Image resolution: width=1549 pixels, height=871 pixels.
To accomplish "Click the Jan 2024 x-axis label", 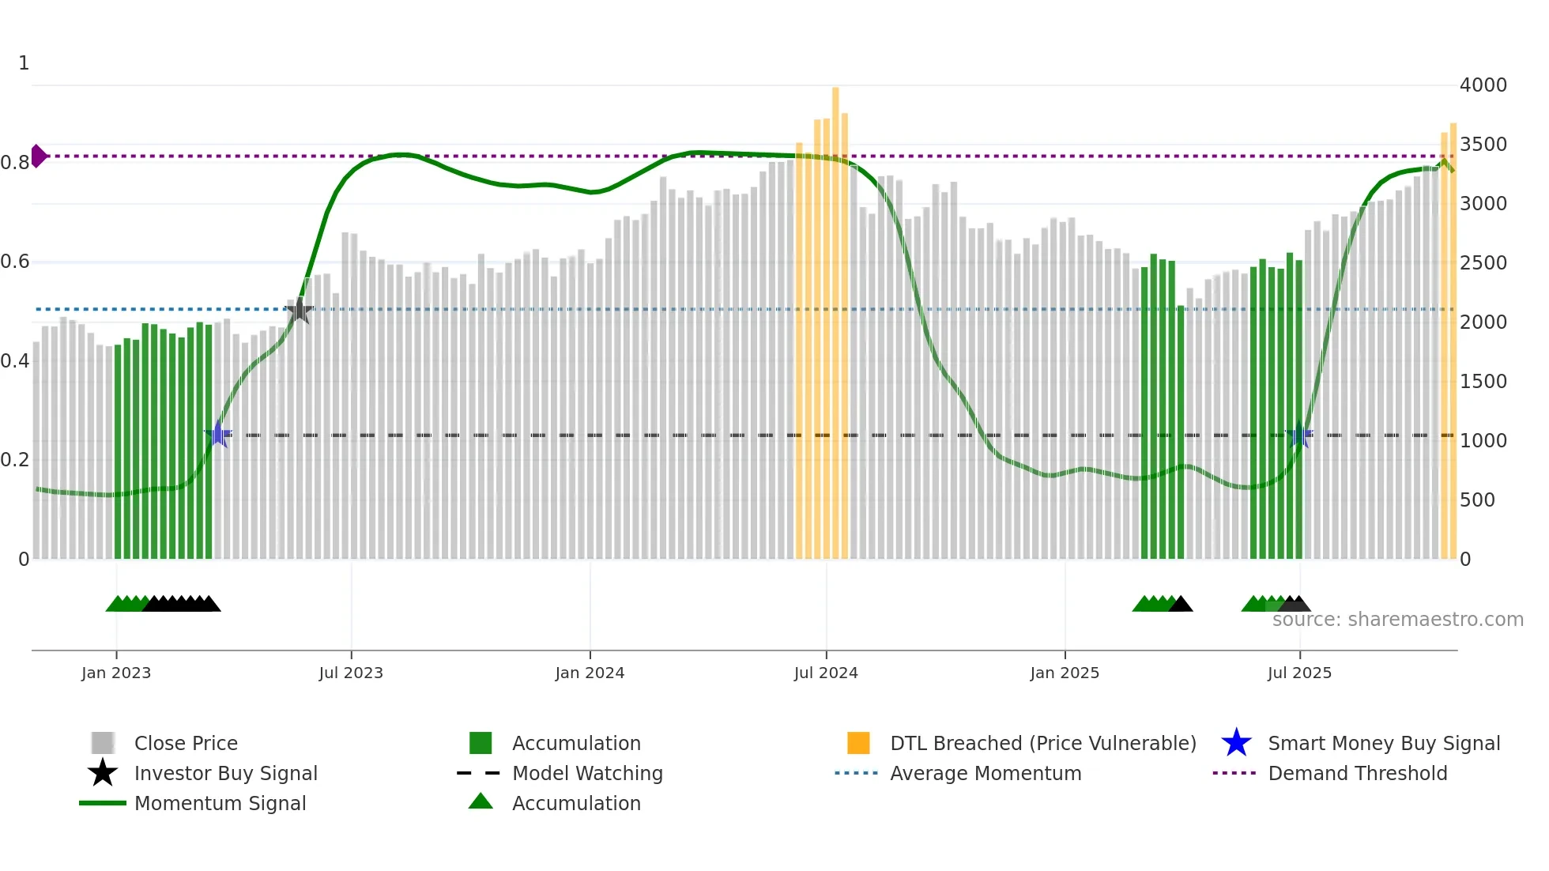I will coord(590,673).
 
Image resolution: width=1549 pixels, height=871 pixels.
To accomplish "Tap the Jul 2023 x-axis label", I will coord(351,673).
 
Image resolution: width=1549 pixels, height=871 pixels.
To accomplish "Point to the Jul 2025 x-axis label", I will coord(1299,673).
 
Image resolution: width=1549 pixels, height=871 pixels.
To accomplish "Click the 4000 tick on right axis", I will coord(1483,85).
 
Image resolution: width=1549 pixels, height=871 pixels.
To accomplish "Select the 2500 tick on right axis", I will coord(1483,263).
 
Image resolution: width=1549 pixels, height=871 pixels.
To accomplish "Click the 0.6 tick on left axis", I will coord(15,262).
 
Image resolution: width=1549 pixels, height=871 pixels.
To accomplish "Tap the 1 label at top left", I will coord(24,63).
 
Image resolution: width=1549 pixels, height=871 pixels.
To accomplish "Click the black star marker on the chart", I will coord(299,311).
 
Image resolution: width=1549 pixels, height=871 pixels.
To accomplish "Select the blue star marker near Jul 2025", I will coord(1298,435).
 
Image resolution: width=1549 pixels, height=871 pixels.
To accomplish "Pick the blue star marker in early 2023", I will coord(218,435).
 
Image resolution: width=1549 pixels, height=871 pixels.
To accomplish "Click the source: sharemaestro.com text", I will coord(1397,620).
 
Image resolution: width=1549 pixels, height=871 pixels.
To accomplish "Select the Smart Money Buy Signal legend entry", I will coord(1383,744).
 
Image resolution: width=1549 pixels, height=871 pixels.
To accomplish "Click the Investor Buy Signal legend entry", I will coord(225,774).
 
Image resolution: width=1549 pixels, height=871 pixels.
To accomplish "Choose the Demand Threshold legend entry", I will coord(1357,774).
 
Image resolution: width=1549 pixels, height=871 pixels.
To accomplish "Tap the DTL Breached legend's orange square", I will coord(858,744).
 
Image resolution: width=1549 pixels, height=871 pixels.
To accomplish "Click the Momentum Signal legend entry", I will coord(220,804).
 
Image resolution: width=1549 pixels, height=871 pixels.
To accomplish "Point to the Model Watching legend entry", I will coord(586,774).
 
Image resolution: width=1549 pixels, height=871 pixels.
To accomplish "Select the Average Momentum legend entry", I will coord(985,774).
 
